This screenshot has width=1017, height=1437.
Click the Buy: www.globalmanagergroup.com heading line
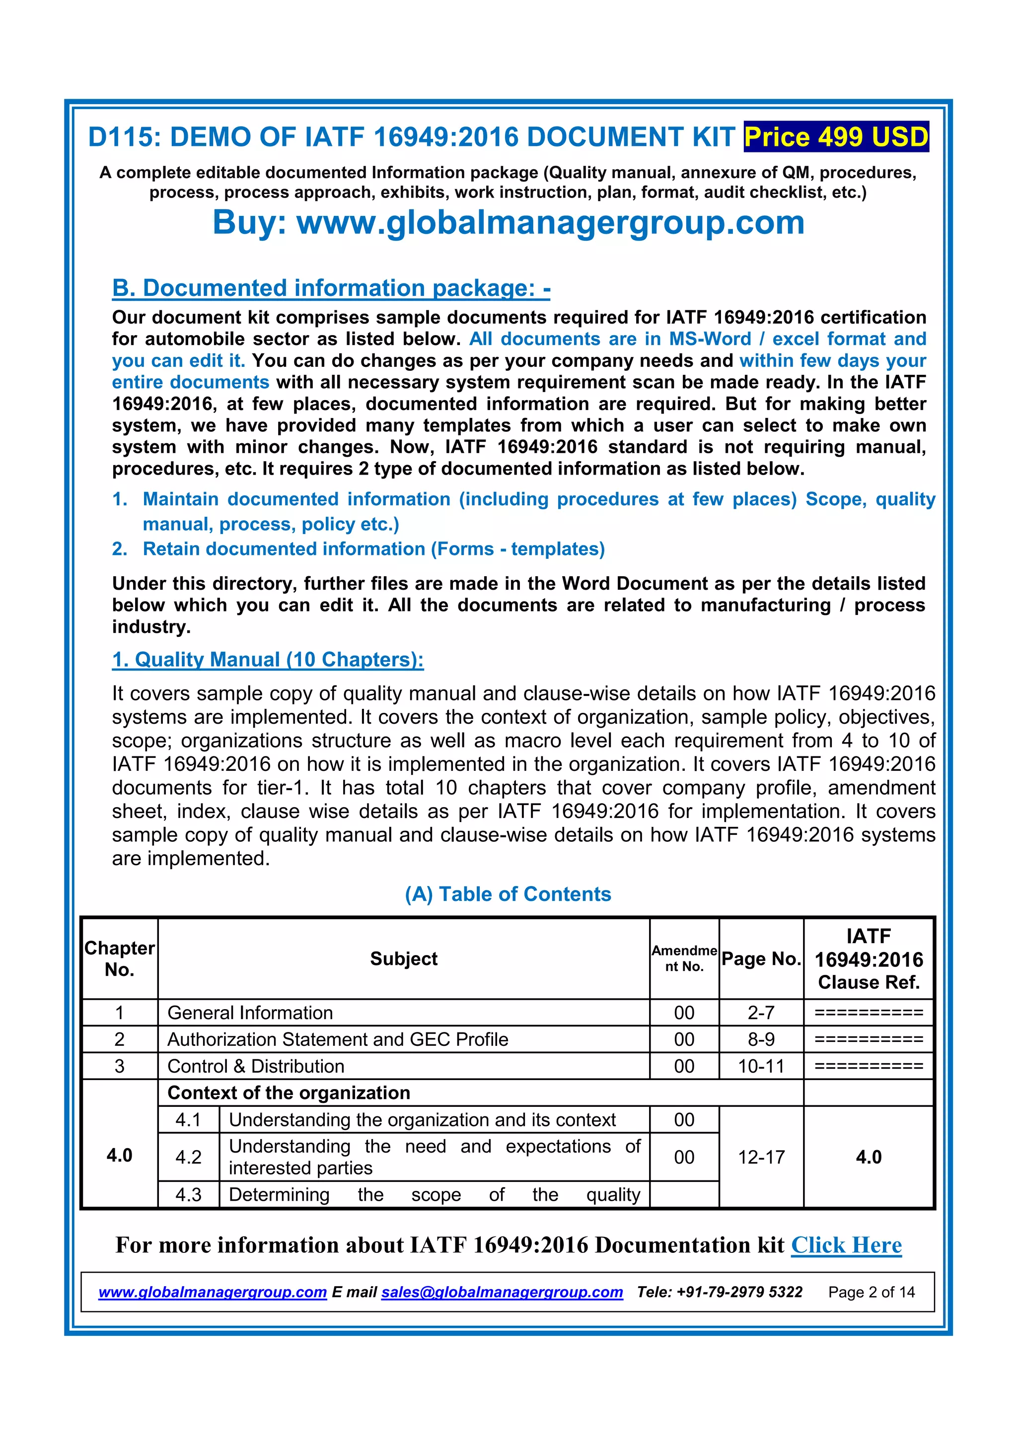pos(508,222)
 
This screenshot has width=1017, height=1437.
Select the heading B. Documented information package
pos(331,288)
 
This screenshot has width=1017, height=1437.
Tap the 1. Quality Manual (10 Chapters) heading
pos(267,660)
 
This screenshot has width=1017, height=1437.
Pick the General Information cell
pos(250,1013)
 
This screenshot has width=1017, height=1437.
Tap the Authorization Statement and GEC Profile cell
pos(338,1039)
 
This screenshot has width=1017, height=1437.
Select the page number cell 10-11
pos(761,1067)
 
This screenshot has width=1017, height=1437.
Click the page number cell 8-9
pos(761,1039)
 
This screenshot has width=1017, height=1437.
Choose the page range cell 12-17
pos(761,1157)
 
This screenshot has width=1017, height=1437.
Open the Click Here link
pos(846,1245)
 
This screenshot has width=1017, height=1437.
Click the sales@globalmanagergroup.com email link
pos(502,1293)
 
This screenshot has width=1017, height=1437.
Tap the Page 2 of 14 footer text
pos(871,1293)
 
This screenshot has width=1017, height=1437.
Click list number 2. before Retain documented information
pos(120,549)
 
